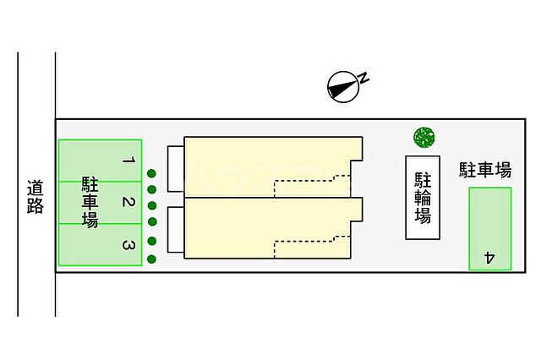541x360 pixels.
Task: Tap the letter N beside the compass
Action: (x=363, y=78)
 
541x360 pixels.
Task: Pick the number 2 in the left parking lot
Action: (x=127, y=203)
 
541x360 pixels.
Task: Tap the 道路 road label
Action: (x=35, y=196)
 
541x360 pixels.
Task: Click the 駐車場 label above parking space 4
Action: (x=485, y=170)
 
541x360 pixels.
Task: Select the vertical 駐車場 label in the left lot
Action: (x=89, y=202)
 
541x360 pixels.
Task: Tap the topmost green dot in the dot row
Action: (x=151, y=174)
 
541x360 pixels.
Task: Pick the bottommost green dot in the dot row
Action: (x=152, y=259)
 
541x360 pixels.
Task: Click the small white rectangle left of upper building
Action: (x=175, y=167)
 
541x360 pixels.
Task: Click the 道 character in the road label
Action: (x=35, y=187)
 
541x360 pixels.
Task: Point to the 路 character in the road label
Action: (x=35, y=206)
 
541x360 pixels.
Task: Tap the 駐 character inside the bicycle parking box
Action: (x=422, y=179)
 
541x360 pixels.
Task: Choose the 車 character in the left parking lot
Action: (x=89, y=202)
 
